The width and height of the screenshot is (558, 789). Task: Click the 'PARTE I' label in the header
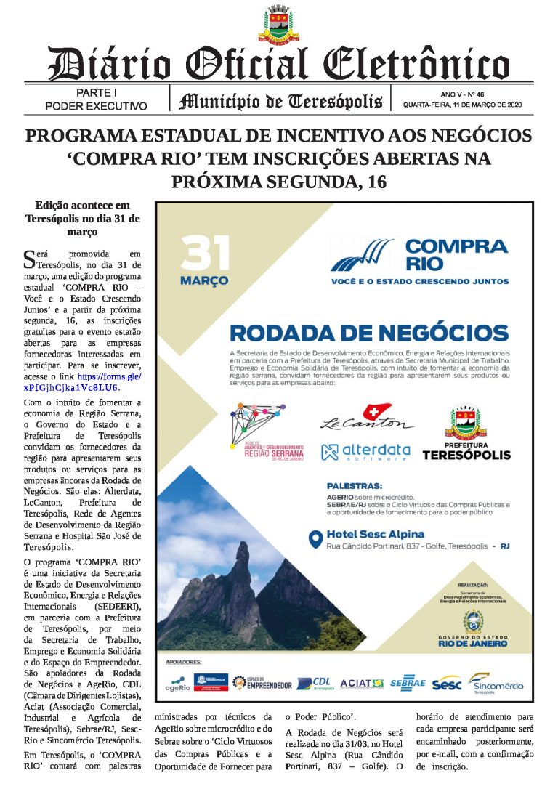[x=97, y=93]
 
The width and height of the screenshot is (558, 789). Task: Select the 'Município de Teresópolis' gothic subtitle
[x=280, y=100]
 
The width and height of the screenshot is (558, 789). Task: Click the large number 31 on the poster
[x=205, y=254]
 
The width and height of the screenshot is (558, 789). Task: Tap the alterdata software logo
[x=365, y=452]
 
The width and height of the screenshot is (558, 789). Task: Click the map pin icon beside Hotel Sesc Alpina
[x=315, y=540]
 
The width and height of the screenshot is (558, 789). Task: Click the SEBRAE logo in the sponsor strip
[x=407, y=683]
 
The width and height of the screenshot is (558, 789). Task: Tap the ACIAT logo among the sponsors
[x=361, y=683]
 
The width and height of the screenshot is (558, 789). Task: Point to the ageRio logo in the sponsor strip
[x=178, y=684]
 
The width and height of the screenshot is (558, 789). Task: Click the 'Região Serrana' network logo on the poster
[x=265, y=432]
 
